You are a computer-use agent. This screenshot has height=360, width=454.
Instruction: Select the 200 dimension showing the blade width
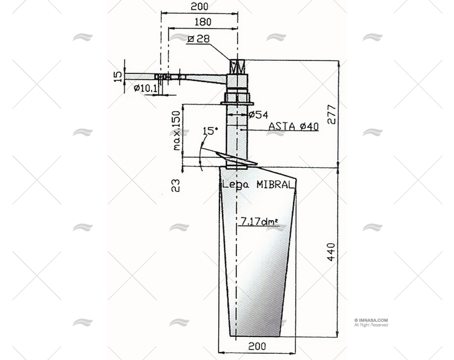pyautogui.click(x=257, y=346)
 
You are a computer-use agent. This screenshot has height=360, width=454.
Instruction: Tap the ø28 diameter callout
pyautogui.click(x=198, y=39)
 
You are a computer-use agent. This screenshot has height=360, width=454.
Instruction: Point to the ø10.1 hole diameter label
pyautogui.click(x=146, y=88)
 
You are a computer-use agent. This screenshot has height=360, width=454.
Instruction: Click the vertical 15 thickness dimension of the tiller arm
pyautogui.click(x=118, y=76)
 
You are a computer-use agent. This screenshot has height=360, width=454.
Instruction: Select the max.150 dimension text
pyautogui.click(x=177, y=131)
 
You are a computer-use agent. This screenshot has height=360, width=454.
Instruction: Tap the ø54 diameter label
pyautogui.click(x=258, y=114)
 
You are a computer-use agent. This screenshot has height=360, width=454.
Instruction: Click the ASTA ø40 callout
pyautogui.click(x=293, y=126)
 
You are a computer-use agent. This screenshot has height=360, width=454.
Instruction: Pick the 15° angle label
pyautogui.click(x=210, y=131)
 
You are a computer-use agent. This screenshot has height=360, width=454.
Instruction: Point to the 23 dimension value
pyautogui.click(x=176, y=185)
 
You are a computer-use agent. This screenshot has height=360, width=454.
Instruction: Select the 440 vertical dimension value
pyautogui.click(x=331, y=251)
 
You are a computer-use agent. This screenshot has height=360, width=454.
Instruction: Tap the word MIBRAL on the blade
pyautogui.click(x=275, y=185)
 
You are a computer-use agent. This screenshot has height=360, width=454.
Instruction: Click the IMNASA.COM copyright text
pyautogui.click(x=371, y=320)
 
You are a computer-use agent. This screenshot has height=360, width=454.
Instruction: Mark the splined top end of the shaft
pyautogui.click(x=238, y=66)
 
